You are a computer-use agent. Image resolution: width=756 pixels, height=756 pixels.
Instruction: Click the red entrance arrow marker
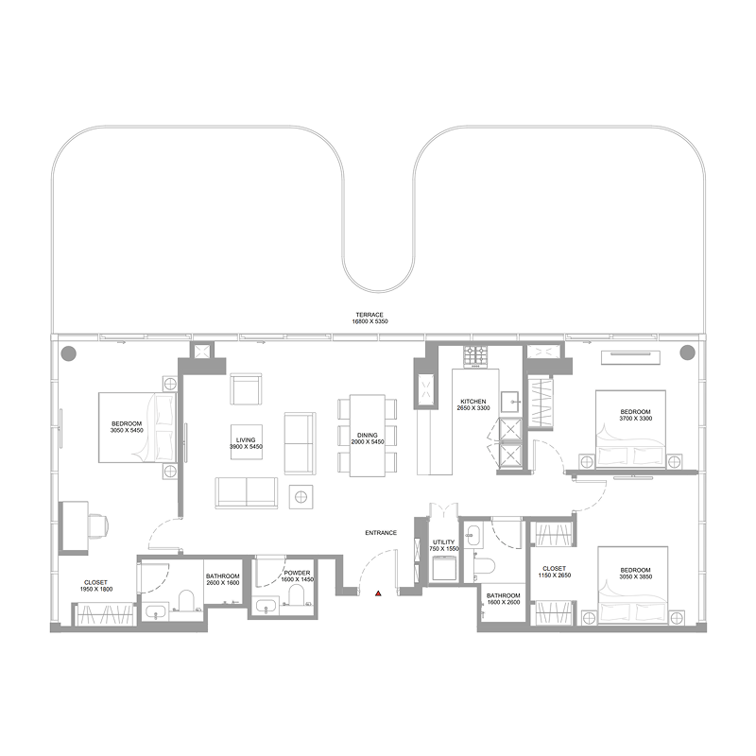click(x=378, y=593)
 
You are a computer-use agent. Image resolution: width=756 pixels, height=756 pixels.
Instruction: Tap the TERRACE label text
click(x=369, y=315)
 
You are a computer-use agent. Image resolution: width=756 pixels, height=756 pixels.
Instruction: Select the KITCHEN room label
click(x=472, y=401)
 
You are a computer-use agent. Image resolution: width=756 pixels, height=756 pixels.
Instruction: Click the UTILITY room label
click(x=444, y=541)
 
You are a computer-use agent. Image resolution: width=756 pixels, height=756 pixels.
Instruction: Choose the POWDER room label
click(x=297, y=573)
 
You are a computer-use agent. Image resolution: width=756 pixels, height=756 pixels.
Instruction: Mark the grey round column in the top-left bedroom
click(x=68, y=353)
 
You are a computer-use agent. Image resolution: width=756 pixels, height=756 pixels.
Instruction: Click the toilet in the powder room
click(x=297, y=596)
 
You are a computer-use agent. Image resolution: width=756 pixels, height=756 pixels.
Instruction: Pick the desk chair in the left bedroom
click(x=101, y=524)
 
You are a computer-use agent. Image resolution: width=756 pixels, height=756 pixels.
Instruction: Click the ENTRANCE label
click(x=381, y=533)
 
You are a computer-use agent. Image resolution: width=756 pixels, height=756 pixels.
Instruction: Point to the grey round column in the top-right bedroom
click(x=687, y=353)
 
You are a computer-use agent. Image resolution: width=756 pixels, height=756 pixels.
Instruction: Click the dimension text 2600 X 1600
click(x=223, y=583)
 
